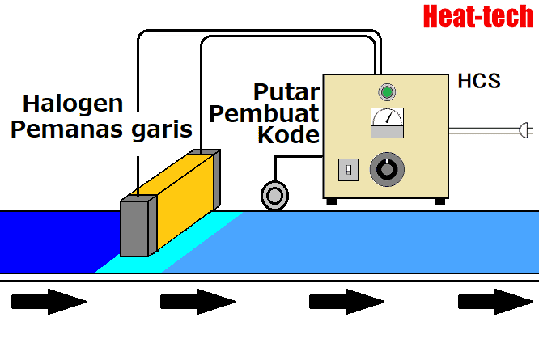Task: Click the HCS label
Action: pos(479,82)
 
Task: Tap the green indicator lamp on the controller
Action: pos(386,91)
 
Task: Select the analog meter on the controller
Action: pos(386,123)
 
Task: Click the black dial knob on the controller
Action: pos(385,170)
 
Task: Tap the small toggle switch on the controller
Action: pos(348,169)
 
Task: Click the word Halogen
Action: pos(73,104)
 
